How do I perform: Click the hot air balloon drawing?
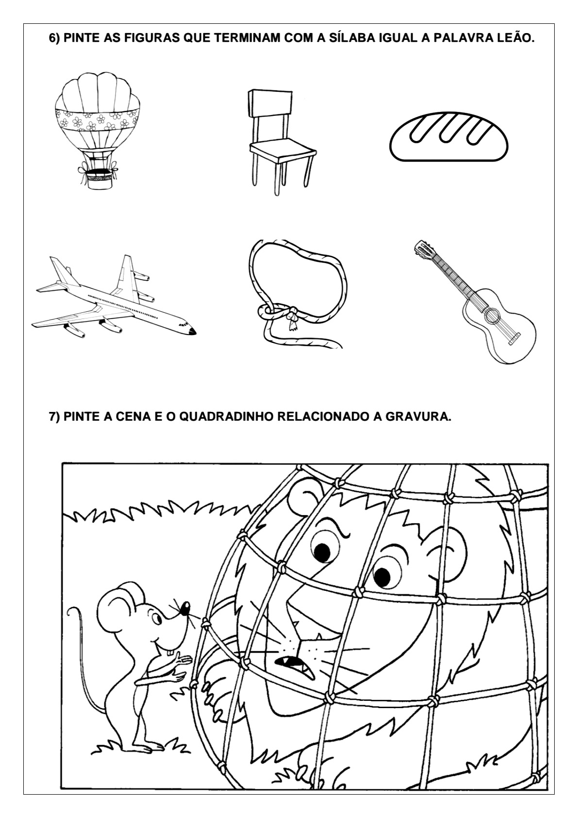[98, 130]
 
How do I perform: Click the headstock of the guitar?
[422, 249]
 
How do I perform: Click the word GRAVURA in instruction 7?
[418, 417]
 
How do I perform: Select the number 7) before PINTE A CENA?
[55, 417]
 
